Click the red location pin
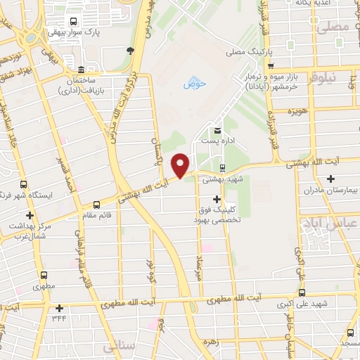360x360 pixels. [x=181, y=164]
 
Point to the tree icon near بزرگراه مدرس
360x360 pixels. [x=130, y=49]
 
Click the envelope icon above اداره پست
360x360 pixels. [x=217, y=130]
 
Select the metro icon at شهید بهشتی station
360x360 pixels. [x=223, y=168]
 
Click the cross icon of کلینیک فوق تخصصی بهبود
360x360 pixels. [x=216, y=200]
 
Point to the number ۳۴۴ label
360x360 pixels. [x=60, y=317]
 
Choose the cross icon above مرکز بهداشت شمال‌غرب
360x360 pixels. [x=29, y=215]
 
